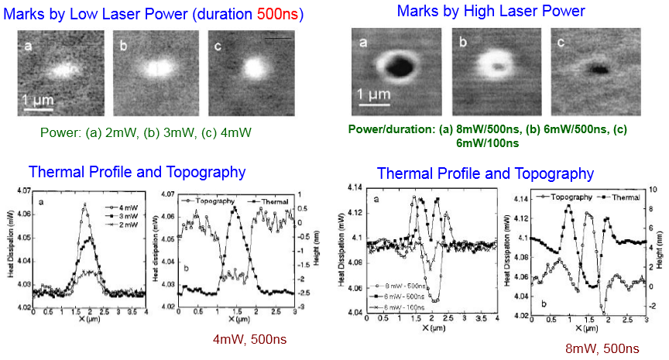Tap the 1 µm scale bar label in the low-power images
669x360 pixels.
(x=36, y=100)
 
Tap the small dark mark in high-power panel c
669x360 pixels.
(x=597, y=69)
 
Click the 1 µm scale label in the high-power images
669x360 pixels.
(x=373, y=95)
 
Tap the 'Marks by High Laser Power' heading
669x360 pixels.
(x=491, y=11)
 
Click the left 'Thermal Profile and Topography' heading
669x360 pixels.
(x=137, y=172)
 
